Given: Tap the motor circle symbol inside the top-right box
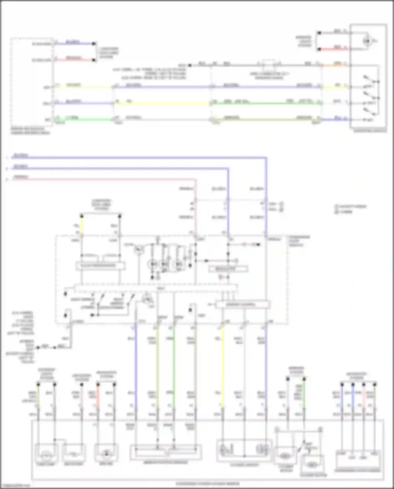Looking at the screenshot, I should click(x=367, y=41).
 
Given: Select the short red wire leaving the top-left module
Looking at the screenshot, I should click(x=74, y=60).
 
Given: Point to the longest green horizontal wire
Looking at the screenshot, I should click(x=265, y=104).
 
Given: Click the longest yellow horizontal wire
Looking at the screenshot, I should click(x=162, y=104).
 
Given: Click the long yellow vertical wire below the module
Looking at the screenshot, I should click(x=223, y=368).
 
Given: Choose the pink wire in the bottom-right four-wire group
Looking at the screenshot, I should click(x=364, y=397).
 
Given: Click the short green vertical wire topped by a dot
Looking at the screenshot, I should click(x=304, y=394).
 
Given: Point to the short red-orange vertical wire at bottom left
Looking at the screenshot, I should click(x=98, y=397).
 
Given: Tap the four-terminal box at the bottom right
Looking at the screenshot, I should click(x=358, y=460).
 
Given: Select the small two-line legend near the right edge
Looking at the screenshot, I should click(x=351, y=209).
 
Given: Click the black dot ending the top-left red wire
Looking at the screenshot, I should click(x=94, y=60).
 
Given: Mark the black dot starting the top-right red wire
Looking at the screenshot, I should click(x=319, y=49).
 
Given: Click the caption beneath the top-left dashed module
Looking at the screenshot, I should click(x=30, y=131).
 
